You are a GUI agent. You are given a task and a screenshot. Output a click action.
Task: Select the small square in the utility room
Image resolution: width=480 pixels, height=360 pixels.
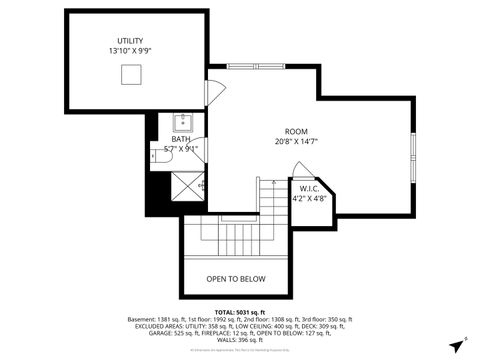(130, 76)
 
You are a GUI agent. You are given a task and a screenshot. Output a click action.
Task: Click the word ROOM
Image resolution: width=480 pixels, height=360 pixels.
(296, 132)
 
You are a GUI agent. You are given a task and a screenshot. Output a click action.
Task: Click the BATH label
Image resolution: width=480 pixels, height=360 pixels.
(180, 139)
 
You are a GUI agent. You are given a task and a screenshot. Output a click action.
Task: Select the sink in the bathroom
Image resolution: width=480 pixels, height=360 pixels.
(183, 123)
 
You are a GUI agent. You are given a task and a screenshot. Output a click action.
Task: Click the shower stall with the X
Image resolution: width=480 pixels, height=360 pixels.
(182, 185)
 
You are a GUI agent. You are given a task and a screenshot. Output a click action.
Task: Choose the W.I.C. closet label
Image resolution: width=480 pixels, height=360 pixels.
(308, 188)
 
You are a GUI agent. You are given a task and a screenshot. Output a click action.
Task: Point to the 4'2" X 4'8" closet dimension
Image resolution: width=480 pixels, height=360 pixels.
(308, 199)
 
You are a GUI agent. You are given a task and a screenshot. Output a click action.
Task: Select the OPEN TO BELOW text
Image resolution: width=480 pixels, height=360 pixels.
(236, 279)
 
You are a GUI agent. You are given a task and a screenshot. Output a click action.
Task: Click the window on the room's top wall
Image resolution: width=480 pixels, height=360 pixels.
(256, 67)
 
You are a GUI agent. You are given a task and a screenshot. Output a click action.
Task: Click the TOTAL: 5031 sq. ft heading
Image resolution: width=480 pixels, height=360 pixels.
(239, 311)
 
